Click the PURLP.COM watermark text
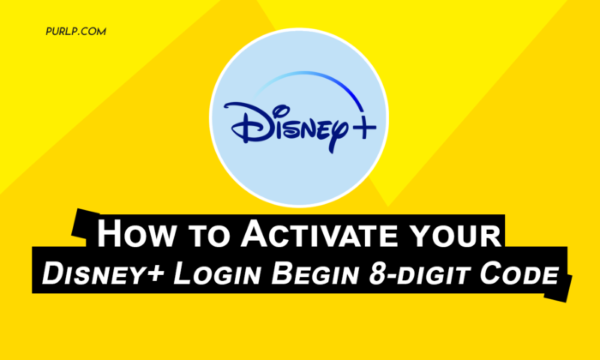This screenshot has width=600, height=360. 75,32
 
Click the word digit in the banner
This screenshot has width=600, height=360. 435,274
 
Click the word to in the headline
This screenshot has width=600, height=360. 207,236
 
